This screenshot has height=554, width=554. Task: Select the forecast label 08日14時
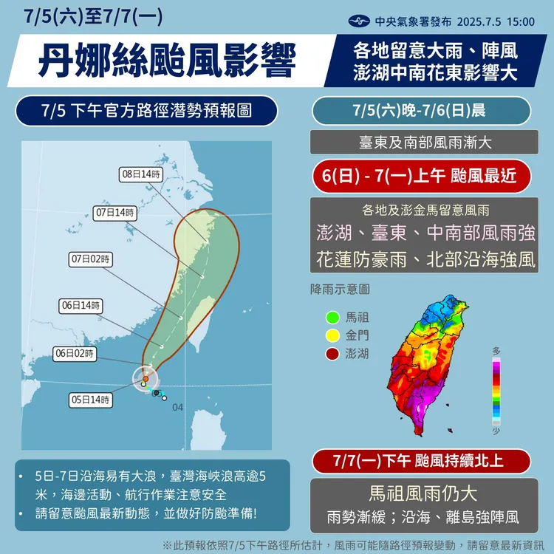[x=141, y=174]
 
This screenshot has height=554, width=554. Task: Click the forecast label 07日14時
[x=116, y=213]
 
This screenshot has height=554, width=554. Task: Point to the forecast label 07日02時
[x=92, y=259]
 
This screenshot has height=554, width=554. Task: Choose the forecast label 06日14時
[x=79, y=305]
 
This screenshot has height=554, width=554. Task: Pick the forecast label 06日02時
[x=75, y=354]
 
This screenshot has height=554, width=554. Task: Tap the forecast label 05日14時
[x=92, y=400]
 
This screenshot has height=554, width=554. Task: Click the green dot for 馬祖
[x=332, y=318]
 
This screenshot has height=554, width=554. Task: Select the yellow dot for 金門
[x=332, y=335]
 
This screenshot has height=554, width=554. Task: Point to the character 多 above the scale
[x=497, y=350]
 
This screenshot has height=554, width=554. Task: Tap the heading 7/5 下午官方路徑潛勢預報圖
[x=148, y=112]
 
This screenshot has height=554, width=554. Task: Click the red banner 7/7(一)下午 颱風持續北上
[x=421, y=462]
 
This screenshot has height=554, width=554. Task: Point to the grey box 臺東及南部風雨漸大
[x=421, y=143]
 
